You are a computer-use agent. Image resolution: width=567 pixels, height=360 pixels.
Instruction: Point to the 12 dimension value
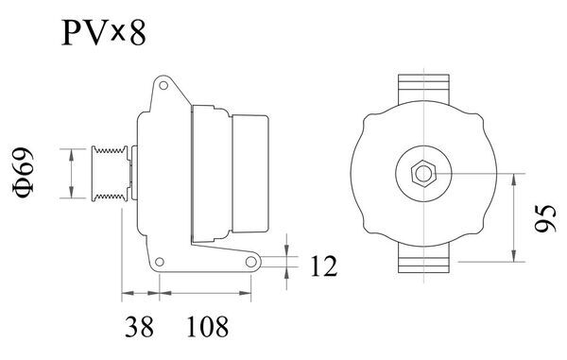(322, 267)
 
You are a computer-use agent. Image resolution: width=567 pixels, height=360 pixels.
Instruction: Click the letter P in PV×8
(73, 35)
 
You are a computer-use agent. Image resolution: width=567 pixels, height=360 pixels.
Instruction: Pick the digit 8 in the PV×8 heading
(137, 35)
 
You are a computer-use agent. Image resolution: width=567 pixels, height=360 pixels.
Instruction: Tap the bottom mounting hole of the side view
(250, 261)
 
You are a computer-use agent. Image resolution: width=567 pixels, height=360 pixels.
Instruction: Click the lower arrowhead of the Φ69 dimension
(72, 195)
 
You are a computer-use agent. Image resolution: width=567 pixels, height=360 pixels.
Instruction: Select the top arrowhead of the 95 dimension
(513, 177)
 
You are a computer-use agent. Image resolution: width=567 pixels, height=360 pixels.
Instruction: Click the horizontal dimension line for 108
(205, 292)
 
